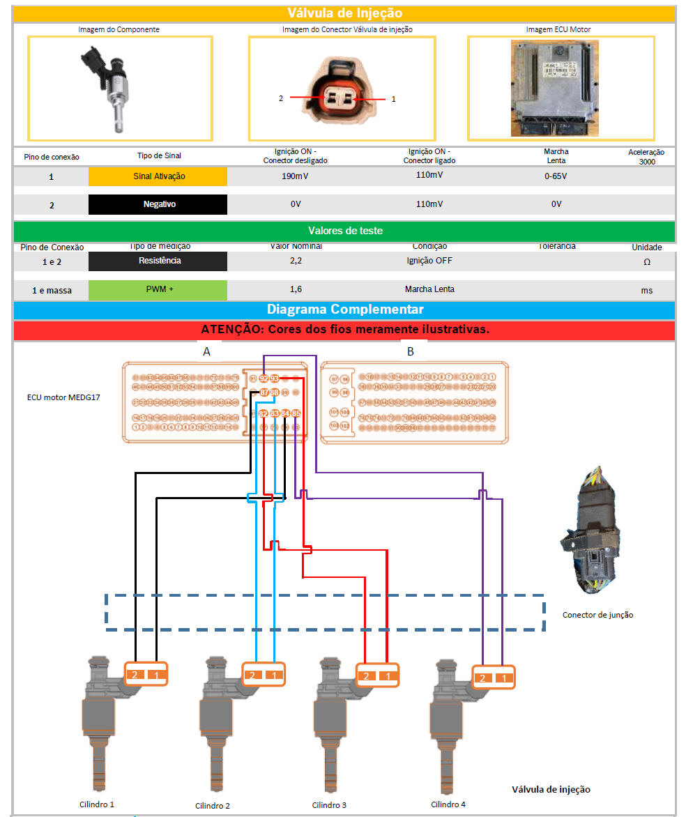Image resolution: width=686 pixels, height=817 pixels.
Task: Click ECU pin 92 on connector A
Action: pos(264,379)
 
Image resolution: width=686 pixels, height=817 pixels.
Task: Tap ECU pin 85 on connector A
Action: pos(296,414)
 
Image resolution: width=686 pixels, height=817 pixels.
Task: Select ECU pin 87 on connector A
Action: pos(264,393)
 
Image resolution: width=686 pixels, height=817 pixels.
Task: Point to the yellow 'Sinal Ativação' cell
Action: pos(158,176)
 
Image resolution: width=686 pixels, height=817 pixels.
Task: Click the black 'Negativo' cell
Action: pos(158,204)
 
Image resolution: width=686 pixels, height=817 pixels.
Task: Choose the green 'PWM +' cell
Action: pos(158,289)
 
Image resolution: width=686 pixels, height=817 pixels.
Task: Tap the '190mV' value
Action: pos(295,176)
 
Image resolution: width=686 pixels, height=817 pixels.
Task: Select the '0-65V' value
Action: pos(556,176)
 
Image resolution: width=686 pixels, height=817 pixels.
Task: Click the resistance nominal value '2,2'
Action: pos(295,261)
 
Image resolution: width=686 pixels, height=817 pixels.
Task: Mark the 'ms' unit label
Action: pos(647,290)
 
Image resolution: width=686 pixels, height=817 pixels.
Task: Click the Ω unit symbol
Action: pos(647,261)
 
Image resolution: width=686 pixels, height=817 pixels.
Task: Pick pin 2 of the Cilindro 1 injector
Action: pos(136,674)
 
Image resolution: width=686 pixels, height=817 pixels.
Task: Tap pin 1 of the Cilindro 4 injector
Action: pos(503,678)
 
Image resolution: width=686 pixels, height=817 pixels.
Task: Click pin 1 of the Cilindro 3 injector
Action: pos(387,675)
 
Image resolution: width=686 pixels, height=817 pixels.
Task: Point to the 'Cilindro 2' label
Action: pos(212,806)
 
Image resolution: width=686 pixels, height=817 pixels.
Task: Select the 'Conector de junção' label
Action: pos(598,615)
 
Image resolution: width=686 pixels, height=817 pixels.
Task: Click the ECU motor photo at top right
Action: pos(555,87)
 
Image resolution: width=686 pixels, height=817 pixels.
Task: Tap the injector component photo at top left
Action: pos(112,87)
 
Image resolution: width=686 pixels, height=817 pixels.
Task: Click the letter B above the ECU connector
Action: pos(410,351)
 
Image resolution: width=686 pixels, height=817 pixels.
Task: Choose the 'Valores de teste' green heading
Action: pos(344,231)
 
